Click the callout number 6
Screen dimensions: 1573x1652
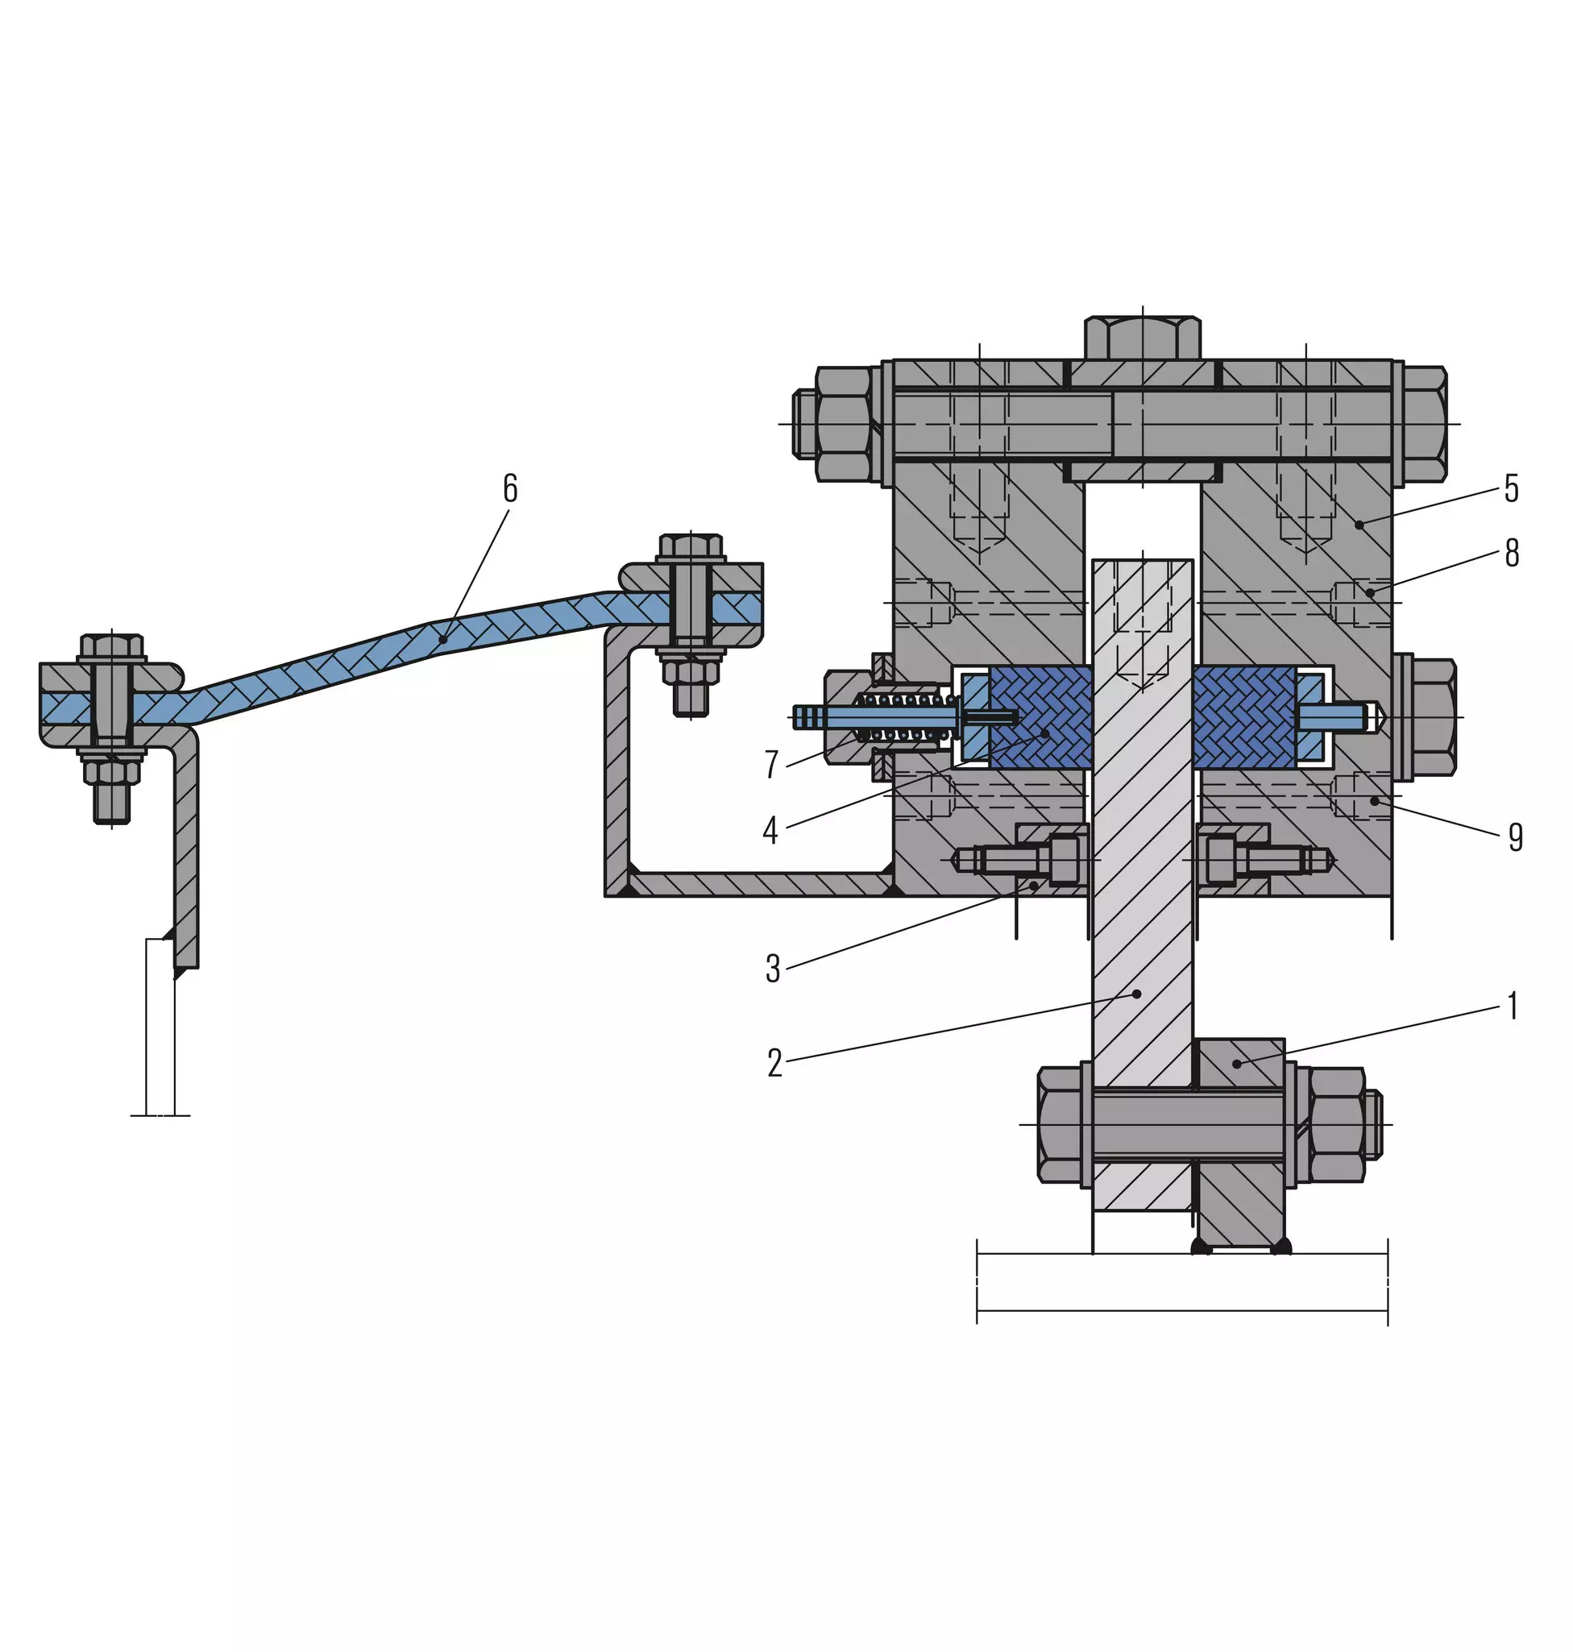point(510,488)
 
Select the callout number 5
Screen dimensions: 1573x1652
point(1511,488)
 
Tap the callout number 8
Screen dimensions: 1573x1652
point(1512,553)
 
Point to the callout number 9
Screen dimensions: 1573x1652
point(1515,836)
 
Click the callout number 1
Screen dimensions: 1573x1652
point(1513,1006)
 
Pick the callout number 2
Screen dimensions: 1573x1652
point(774,1063)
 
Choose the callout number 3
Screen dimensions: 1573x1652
point(773,969)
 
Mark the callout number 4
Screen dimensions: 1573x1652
point(770,830)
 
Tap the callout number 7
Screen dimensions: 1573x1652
point(771,764)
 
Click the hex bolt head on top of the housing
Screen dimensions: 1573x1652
point(1142,337)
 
